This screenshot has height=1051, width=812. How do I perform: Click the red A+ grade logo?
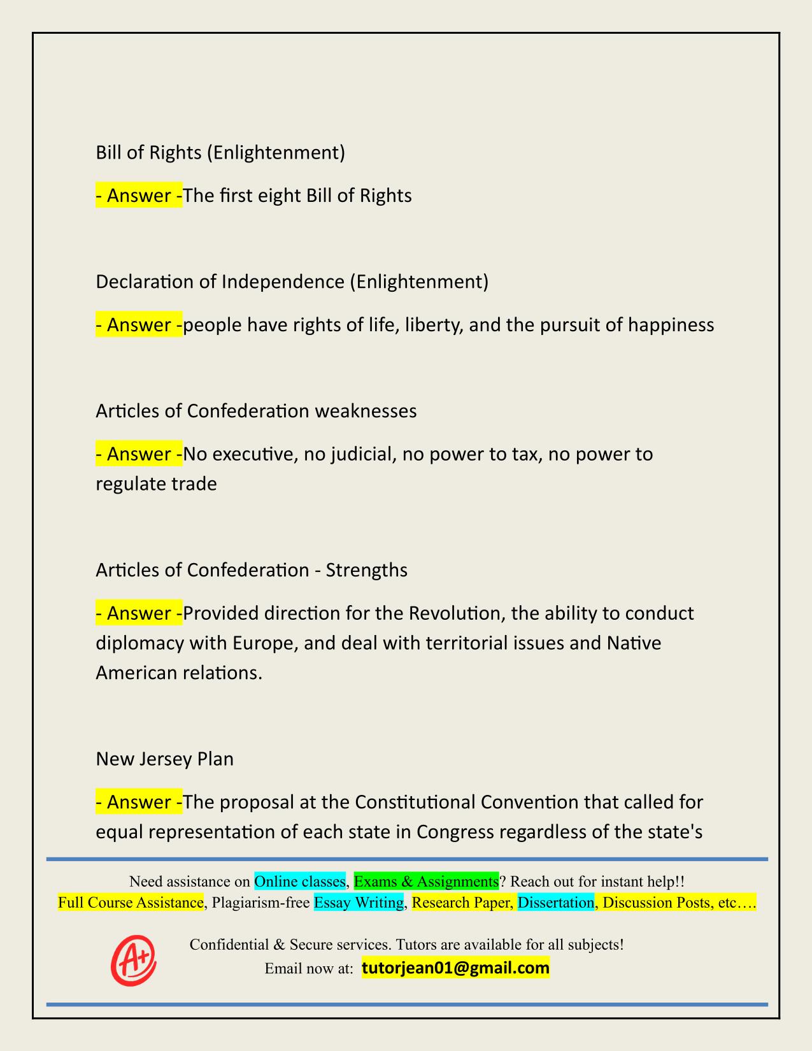point(134,960)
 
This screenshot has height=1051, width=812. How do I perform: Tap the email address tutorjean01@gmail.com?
point(455,968)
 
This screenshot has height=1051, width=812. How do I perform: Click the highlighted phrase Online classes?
point(299,881)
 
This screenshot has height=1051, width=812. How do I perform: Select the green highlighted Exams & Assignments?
point(426,881)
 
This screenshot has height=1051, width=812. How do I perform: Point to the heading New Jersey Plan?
point(164,759)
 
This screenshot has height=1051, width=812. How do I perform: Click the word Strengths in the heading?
point(366,569)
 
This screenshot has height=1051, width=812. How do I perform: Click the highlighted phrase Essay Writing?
point(359,902)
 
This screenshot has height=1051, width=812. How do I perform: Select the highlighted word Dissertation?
point(555,902)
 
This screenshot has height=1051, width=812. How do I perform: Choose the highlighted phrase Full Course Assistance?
point(131,902)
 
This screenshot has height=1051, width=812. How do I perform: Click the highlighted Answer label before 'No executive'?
point(138,454)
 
